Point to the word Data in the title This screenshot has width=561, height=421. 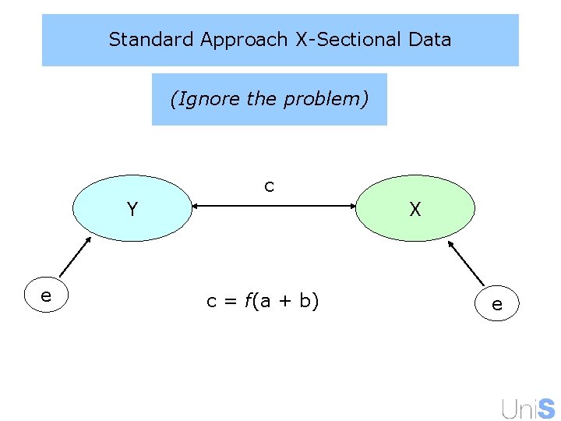tap(429, 39)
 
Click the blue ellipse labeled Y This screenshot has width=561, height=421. tap(132, 209)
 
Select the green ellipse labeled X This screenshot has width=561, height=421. tap(415, 209)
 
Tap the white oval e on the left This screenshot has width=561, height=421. tap(46, 295)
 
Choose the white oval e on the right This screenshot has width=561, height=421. tap(496, 304)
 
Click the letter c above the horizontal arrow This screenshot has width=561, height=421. tap(269, 186)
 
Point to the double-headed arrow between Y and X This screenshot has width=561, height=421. tap(273, 206)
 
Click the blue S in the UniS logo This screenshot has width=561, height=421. tap(546, 408)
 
